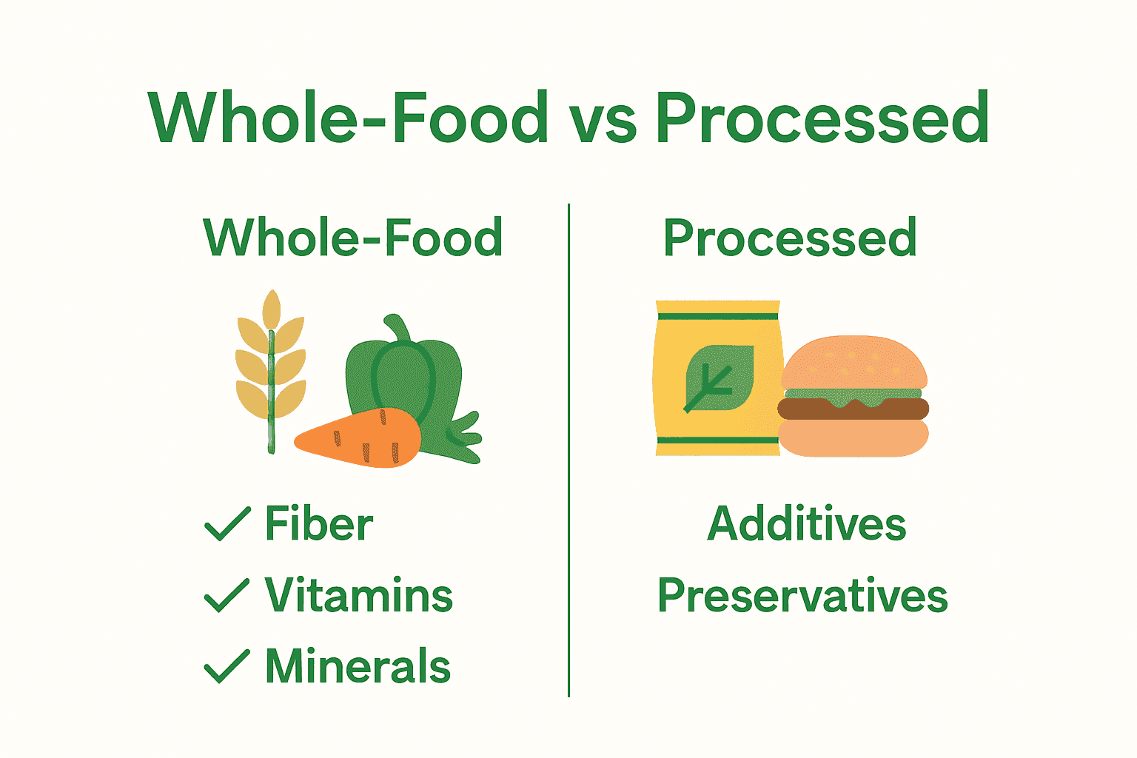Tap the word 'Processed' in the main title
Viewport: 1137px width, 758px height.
coord(822,118)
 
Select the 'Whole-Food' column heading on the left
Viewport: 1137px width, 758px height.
coord(353,238)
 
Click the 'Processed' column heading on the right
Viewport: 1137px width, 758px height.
coord(790,238)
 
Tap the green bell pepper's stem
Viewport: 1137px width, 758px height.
coord(397,330)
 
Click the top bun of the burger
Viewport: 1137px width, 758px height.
coord(853,363)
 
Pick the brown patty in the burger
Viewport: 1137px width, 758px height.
coord(853,409)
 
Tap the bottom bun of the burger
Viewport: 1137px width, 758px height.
coord(853,438)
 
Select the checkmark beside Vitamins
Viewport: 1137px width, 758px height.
coord(227,595)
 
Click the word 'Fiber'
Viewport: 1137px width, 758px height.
coord(319,524)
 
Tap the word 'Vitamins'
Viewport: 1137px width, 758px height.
coord(359,595)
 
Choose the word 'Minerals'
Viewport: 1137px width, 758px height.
coord(358,665)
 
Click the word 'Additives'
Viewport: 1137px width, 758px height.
coord(806,524)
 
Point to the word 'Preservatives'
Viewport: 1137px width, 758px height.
coord(802,597)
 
